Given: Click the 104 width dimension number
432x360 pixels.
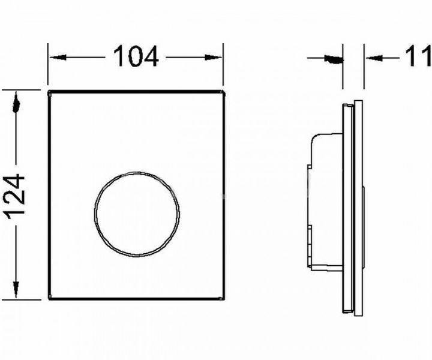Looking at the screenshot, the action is point(136,56).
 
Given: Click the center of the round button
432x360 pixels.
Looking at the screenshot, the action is point(137,214).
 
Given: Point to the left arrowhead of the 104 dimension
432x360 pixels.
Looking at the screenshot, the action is point(58,57).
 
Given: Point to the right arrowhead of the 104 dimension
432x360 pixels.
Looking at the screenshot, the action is point(213,57).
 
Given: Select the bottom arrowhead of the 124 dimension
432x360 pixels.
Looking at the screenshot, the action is point(16,290).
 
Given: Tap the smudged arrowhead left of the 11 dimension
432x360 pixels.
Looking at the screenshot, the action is point(334,59).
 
